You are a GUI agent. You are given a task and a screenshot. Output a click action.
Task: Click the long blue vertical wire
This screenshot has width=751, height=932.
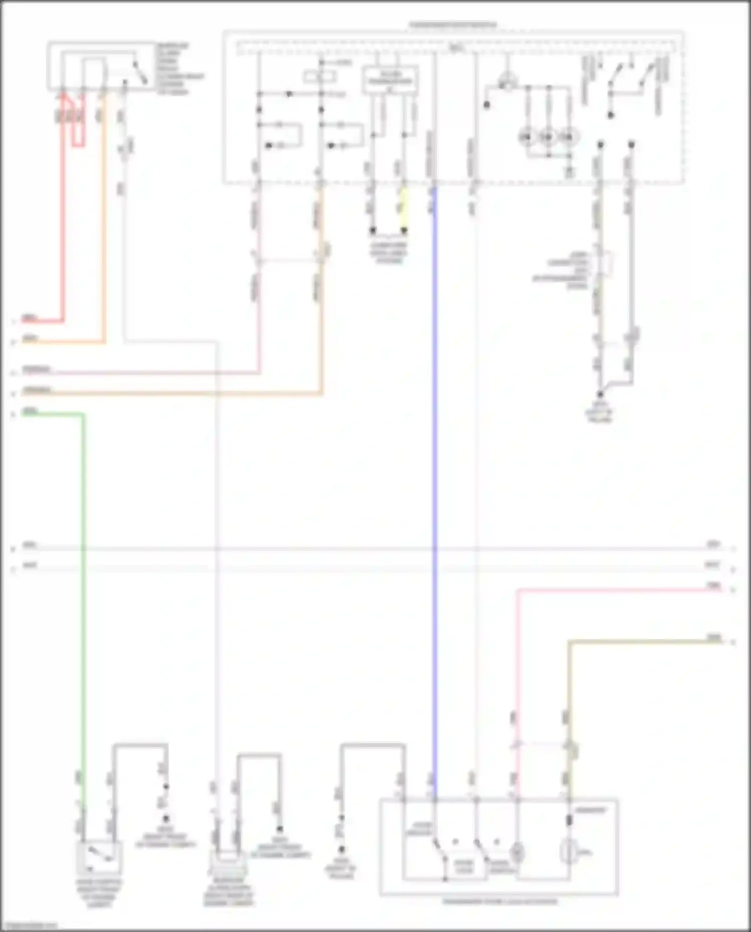coord(434,451)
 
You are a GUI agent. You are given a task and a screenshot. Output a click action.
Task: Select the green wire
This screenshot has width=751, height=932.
coord(83,601)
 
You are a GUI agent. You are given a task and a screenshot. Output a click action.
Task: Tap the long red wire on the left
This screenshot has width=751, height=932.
coord(64,225)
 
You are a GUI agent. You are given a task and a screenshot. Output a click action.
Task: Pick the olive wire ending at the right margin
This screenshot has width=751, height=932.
coord(646,642)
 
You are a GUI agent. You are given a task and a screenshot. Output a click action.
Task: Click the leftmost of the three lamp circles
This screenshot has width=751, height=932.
coord(526,136)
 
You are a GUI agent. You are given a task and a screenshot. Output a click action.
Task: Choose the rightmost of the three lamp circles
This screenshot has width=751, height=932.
coord(568,136)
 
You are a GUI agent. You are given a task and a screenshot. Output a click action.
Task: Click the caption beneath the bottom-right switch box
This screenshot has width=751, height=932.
coord(499,902)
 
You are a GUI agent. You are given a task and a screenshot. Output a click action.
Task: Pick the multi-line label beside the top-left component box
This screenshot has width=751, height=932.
coord(179,69)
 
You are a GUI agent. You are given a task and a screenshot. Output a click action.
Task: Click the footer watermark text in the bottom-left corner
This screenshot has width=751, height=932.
coord(29,925)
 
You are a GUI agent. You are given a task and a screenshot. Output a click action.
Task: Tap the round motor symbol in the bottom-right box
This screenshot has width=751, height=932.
coord(569,851)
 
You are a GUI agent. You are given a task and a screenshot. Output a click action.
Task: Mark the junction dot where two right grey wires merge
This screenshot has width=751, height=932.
coord(600,394)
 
